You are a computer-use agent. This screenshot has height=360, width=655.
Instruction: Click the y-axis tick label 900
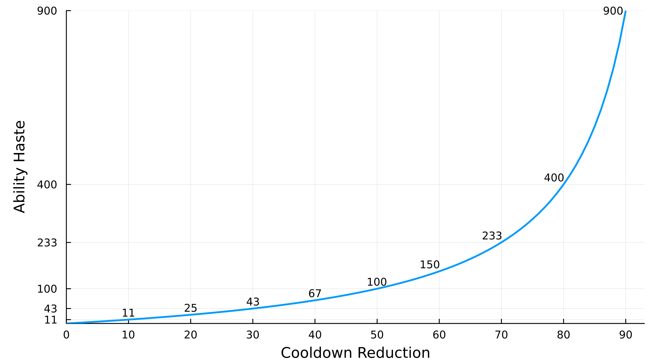click(x=47, y=11)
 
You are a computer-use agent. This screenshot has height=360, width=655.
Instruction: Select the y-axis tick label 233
click(x=47, y=243)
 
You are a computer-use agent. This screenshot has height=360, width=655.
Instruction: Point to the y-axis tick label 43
click(x=50, y=309)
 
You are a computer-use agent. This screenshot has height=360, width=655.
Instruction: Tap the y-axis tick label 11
click(x=50, y=320)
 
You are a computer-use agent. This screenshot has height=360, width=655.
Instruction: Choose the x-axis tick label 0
click(x=66, y=335)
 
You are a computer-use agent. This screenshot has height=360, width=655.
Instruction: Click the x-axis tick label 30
click(x=253, y=335)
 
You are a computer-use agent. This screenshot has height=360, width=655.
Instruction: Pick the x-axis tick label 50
click(x=377, y=335)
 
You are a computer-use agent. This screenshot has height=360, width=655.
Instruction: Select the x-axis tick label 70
click(x=501, y=335)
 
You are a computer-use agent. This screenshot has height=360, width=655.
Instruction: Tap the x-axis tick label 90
click(x=626, y=335)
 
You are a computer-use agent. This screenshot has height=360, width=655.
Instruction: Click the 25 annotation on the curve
click(x=190, y=308)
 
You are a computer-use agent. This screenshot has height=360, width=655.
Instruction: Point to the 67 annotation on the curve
click(x=315, y=293)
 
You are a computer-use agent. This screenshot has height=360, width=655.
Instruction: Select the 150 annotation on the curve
click(x=429, y=265)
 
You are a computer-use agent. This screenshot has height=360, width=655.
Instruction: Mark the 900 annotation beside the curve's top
click(x=613, y=11)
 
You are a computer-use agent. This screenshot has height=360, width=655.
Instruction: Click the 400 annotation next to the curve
click(x=554, y=178)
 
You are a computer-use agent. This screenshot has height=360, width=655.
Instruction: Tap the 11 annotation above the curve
click(x=128, y=313)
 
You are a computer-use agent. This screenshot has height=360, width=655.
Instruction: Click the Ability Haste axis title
click(x=19, y=167)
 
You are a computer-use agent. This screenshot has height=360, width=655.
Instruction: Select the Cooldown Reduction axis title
click(x=355, y=352)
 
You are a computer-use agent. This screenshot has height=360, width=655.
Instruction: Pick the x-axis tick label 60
click(x=439, y=335)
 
